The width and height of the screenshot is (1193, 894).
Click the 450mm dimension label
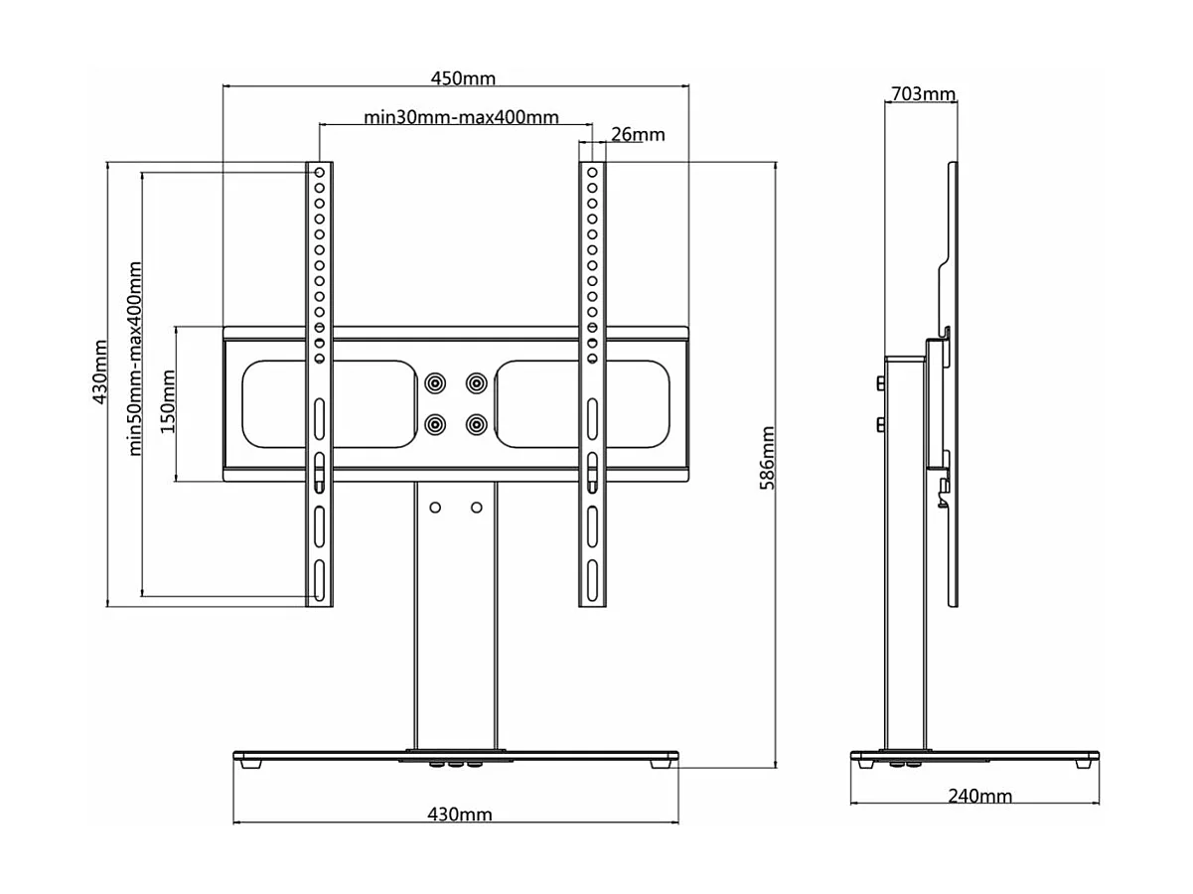pyautogui.click(x=462, y=78)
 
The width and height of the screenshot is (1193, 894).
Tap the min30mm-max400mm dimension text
pyautogui.click(x=461, y=117)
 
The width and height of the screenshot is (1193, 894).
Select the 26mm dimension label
pyautogui.click(x=638, y=134)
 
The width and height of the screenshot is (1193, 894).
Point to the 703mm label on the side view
pyautogui.click(x=923, y=94)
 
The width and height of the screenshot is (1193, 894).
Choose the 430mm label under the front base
pyautogui.click(x=459, y=815)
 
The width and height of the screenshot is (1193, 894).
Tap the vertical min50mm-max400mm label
pyautogui.click(x=136, y=359)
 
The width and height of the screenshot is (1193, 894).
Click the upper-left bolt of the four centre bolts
pyautogui.click(x=435, y=382)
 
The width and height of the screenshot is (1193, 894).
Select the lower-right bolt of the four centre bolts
pyautogui.click(x=477, y=424)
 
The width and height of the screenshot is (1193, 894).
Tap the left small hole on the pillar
pyautogui.click(x=435, y=508)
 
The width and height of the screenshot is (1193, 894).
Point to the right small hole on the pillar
pyautogui.click(x=477, y=508)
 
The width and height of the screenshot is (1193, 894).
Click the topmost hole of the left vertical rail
pyautogui.click(x=320, y=173)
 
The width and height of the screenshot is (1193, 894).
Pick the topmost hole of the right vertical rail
pyautogui.click(x=591, y=173)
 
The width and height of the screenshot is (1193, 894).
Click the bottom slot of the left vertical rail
pyautogui.click(x=320, y=578)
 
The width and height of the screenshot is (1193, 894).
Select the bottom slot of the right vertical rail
pyautogui.click(x=591, y=578)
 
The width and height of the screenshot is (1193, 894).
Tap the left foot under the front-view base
pyautogui.click(x=246, y=765)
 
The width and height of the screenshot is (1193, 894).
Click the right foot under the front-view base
pyautogui.click(x=661, y=765)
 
